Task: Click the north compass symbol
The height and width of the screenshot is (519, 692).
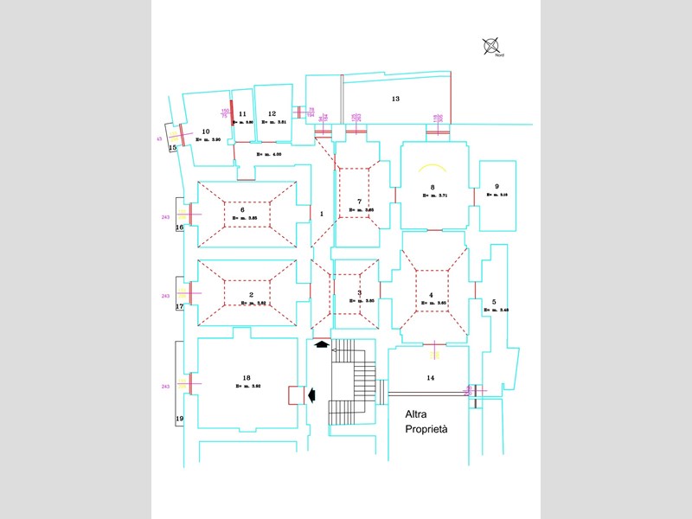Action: tap(492, 45)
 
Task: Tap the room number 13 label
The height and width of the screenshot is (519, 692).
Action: tap(395, 99)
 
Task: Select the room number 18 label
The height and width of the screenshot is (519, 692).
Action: tap(247, 378)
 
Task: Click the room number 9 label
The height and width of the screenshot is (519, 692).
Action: tap(497, 187)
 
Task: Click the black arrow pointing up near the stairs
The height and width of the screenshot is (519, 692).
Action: tap(322, 344)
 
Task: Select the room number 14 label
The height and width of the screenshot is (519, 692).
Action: tap(431, 378)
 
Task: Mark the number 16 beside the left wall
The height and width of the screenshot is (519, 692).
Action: tap(180, 227)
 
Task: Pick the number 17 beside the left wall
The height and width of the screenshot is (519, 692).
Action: tap(180, 306)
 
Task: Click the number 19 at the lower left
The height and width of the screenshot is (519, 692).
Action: tap(180, 419)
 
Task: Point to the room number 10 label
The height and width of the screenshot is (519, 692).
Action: tap(206, 131)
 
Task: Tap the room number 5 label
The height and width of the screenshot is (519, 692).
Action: tap(494, 303)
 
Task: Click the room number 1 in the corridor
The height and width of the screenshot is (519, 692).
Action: tap(321, 213)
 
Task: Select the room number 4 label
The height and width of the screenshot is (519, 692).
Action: tap(431, 295)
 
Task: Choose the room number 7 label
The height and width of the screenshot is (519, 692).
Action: tap(359, 202)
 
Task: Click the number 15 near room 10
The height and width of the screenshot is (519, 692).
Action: tap(173, 148)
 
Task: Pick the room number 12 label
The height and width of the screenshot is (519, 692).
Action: tap(272, 113)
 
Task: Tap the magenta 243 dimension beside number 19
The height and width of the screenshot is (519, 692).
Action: tap(165, 387)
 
